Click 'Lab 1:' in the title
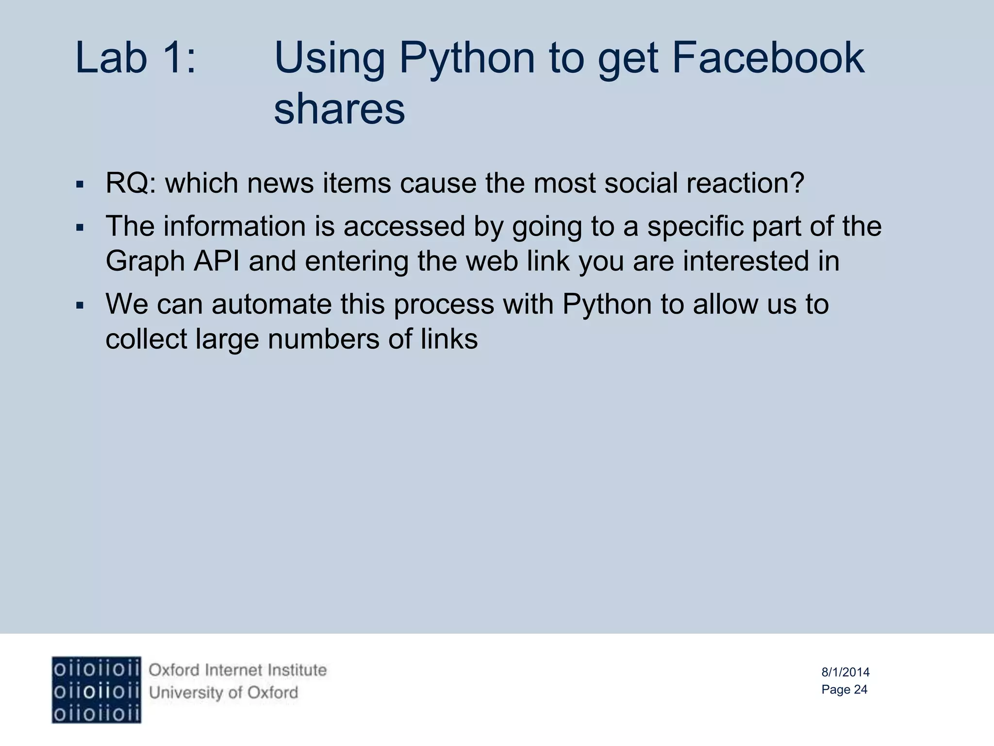click(x=136, y=58)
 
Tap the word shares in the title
click(x=339, y=109)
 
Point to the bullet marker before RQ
click(x=81, y=185)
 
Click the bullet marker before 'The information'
click(x=81, y=227)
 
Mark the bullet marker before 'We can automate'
click(x=81, y=305)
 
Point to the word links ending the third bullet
click(x=449, y=339)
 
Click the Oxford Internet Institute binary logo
click(x=97, y=690)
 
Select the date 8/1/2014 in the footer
click(x=845, y=672)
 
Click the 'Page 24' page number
click(x=844, y=690)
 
